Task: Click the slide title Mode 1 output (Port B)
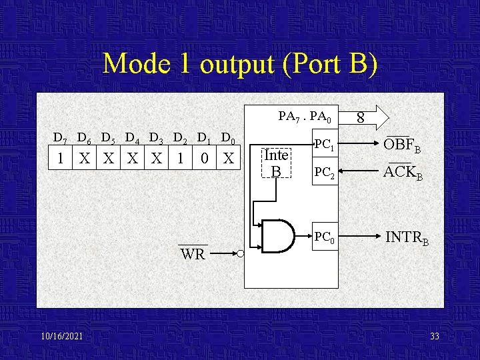[x=240, y=64]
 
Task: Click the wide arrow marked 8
[x=367, y=117]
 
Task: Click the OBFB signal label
[x=402, y=145]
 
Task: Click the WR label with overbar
[x=193, y=254]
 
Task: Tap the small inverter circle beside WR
[x=239, y=253]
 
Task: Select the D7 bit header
[x=60, y=139]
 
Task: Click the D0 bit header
[x=228, y=139]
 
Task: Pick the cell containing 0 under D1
[x=205, y=159]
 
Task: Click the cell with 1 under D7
[x=61, y=159]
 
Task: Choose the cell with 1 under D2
[x=180, y=159]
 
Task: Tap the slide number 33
[x=434, y=336]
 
